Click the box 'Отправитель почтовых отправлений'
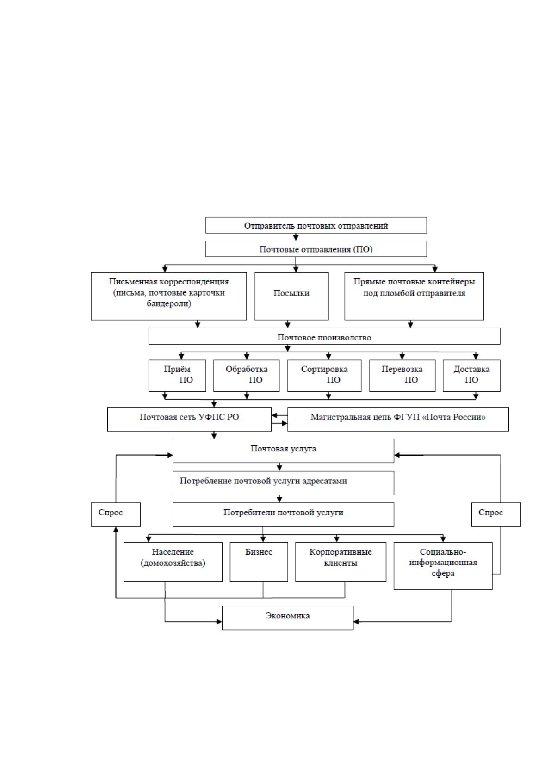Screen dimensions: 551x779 click(316, 225)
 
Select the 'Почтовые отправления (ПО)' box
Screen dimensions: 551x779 click(316, 249)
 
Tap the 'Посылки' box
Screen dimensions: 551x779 click(291, 296)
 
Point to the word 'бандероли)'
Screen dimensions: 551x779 click(169, 303)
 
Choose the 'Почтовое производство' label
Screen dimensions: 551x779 click(324, 337)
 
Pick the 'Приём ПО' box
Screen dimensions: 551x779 click(177, 376)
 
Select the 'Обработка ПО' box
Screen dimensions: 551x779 click(246, 376)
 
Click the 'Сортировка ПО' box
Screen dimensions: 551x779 click(324, 376)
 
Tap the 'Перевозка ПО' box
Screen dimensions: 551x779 click(402, 376)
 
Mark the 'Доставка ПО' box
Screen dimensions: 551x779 click(471, 376)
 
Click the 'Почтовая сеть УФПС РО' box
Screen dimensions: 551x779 click(189, 420)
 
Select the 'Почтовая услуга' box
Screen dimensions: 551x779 click(283, 451)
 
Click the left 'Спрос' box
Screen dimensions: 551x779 click(116, 514)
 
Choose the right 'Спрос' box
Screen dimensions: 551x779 click(496, 514)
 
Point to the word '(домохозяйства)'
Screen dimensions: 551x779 click(173, 563)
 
